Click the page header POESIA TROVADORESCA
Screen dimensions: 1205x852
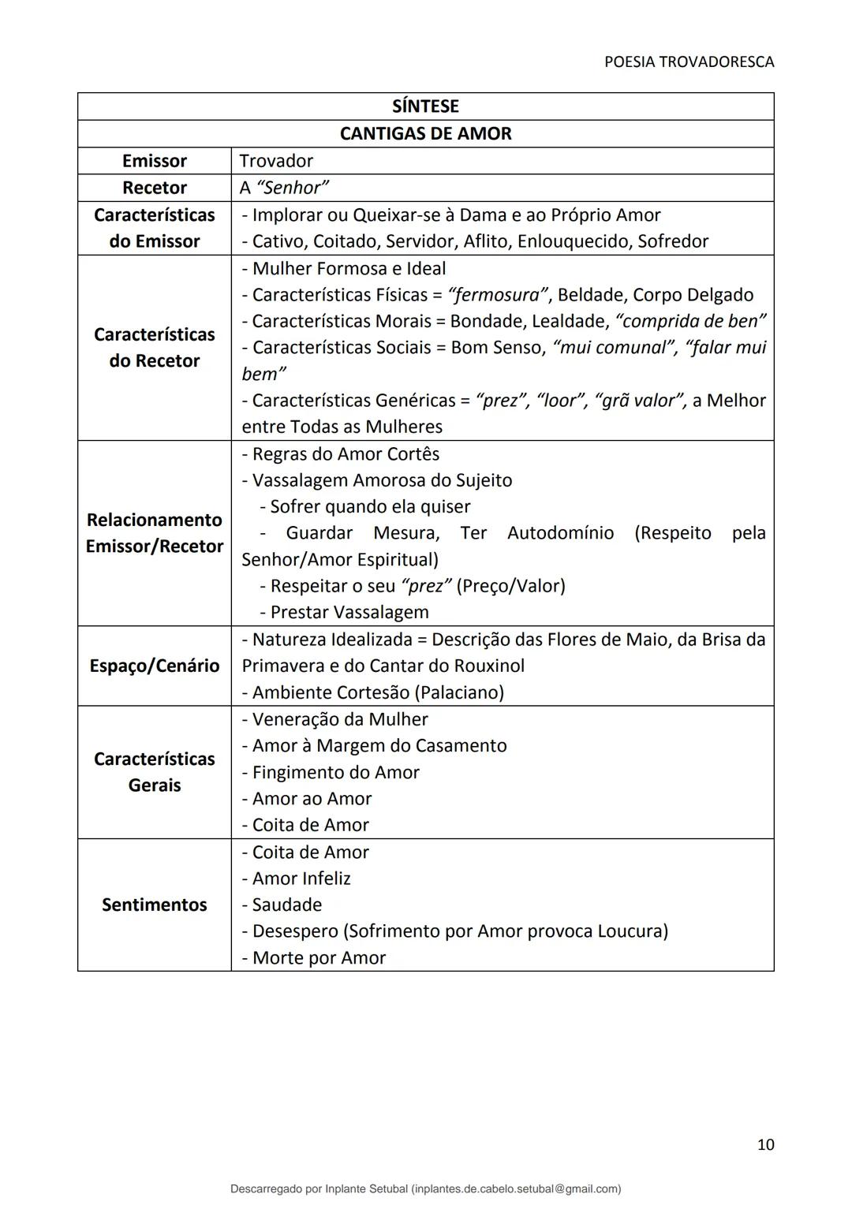[689, 62]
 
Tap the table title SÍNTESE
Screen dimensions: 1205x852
[425, 106]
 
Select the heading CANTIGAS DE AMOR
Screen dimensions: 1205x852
[425, 133]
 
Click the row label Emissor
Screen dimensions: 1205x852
[155, 161]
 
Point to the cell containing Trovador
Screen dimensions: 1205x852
[276, 161]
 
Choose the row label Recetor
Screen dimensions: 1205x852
[155, 188]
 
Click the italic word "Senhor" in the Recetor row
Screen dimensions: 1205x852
[293, 188]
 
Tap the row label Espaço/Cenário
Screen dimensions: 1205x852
[155, 666]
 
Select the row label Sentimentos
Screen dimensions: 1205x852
[155, 905]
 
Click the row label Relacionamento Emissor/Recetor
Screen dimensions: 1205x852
[155, 533]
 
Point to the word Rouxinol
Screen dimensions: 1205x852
[488, 666]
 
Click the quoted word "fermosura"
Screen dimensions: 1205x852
[499, 295]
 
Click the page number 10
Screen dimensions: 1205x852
[765, 1144]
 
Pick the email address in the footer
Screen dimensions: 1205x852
[516, 1188]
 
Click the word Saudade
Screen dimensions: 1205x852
[287, 905]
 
